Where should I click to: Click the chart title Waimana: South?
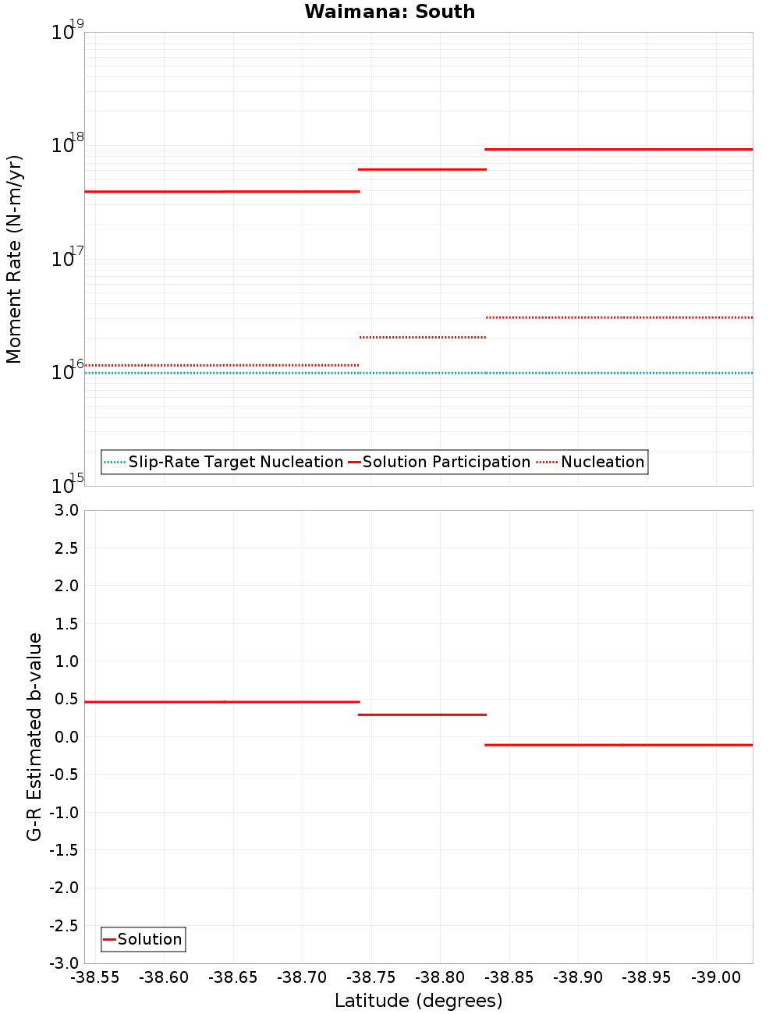pos(389,12)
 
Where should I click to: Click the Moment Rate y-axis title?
pos(14,259)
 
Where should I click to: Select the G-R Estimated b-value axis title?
pos(34,736)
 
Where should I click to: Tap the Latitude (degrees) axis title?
pos(418,1001)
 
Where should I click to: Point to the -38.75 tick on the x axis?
pos(371,977)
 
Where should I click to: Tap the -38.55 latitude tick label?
pos(95,977)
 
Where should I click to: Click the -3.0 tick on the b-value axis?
pos(65,963)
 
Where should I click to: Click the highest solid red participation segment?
pos(619,149)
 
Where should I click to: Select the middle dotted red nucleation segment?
pos(422,337)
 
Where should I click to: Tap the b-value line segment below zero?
pos(619,745)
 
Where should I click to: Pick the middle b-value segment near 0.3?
pos(422,714)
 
